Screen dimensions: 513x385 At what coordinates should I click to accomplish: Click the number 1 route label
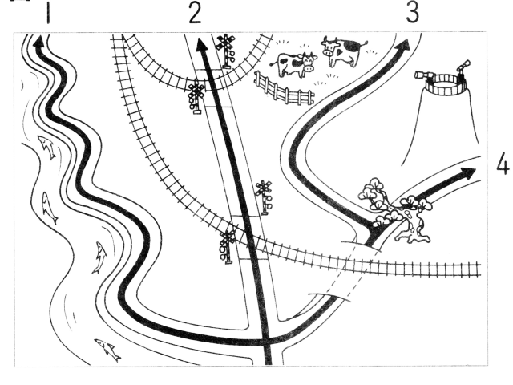tap(48, 14)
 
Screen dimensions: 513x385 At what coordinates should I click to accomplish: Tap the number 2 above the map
tap(195, 13)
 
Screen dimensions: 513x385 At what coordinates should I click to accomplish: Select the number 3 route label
tap(413, 13)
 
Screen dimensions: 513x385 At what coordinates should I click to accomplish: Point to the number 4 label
tap(503, 166)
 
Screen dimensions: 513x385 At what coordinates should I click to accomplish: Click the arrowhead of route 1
tap(39, 42)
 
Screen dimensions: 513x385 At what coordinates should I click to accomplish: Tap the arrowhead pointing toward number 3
tap(402, 45)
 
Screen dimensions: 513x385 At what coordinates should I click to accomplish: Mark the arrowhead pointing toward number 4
tap(468, 173)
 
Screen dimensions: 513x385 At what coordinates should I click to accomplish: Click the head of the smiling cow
tap(309, 62)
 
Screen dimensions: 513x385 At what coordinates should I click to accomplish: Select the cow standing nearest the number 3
tap(342, 51)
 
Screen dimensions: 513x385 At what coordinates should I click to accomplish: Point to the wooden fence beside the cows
tap(284, 88)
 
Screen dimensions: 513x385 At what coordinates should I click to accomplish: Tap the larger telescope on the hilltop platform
tap(422, 75)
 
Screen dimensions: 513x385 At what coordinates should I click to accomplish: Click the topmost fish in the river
tap(46, 147)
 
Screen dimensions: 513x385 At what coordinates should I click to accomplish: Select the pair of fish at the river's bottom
tap(108, 349)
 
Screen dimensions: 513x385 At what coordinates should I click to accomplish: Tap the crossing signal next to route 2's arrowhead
tap(225, 51)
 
